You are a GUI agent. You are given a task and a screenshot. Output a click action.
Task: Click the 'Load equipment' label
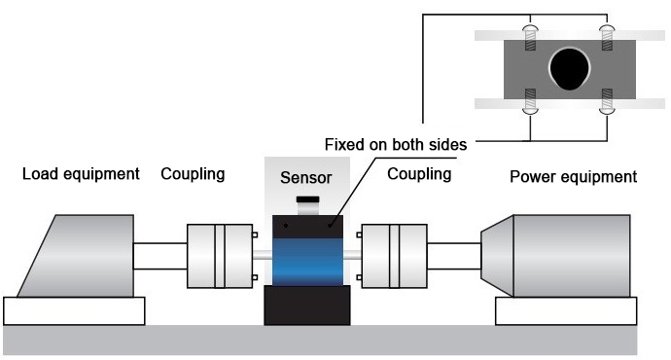tap(81, 176)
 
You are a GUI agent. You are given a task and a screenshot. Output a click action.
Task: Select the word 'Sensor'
tap(306, 178)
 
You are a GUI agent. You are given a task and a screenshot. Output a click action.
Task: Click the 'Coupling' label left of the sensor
tap(193, 174)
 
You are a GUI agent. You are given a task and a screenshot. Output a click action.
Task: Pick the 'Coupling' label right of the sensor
tap(419, 174)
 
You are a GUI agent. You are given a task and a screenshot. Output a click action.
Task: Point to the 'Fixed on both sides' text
tap(396, 145)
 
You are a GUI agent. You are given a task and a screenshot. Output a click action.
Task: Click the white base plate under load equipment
tap(74, 311)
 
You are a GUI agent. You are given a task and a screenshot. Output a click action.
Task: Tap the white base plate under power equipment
tap(566, 311)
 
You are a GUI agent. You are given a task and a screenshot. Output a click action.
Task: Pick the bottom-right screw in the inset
tap(607, 102)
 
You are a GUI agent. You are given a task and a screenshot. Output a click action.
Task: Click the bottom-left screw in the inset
tap(529, 102)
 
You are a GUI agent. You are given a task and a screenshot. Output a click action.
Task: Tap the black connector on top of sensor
tap(307, 201)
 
